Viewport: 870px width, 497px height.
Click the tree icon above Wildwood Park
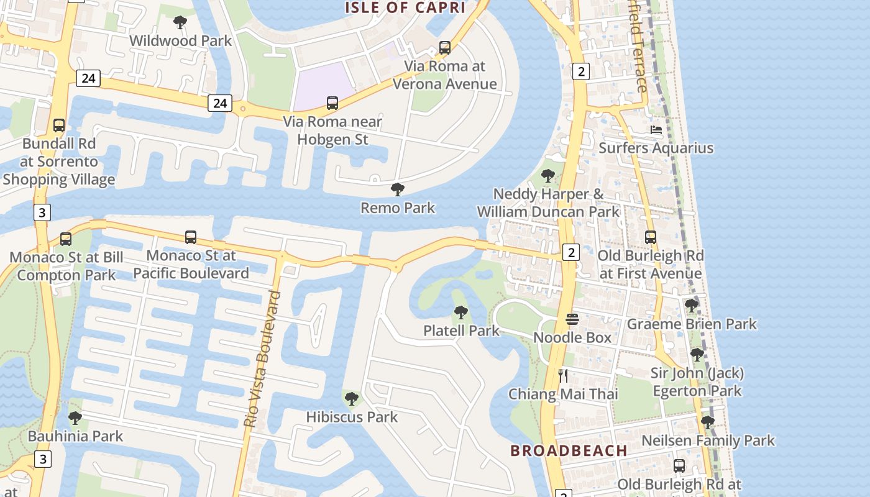[x=180, y=23]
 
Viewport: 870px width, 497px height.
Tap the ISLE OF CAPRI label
[x=405, y=7]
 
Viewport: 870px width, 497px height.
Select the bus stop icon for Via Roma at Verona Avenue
[x=445, y=47]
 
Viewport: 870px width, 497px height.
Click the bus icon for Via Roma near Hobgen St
[x=332, y=103]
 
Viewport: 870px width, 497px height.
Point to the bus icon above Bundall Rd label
[x=59, y=125]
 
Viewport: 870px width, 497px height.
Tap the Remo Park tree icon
[x=398, y=189]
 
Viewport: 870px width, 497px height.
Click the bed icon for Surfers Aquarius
[x=656, y=130]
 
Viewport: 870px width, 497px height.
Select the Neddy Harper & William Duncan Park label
[x=547, y=203]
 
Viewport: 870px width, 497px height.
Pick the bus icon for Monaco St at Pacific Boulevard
[x=191, y=237]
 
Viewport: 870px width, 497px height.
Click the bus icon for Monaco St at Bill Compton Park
[x=66, y=239]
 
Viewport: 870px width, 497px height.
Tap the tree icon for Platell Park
[x=460, y=312]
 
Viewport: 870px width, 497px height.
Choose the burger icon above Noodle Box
[x=572, y=319]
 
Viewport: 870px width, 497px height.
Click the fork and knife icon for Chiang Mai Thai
[x=563, y=375]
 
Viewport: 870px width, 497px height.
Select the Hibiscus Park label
[x=352, y=417]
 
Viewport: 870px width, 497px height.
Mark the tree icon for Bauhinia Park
[x=75, y=418]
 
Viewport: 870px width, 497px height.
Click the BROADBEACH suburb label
[x=569, y=450]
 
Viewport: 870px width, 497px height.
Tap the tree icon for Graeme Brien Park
[x=692, y=306]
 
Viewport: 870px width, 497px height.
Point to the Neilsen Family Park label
[x=708, y=440]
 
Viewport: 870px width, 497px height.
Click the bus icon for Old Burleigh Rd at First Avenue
[x=651, y=237]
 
